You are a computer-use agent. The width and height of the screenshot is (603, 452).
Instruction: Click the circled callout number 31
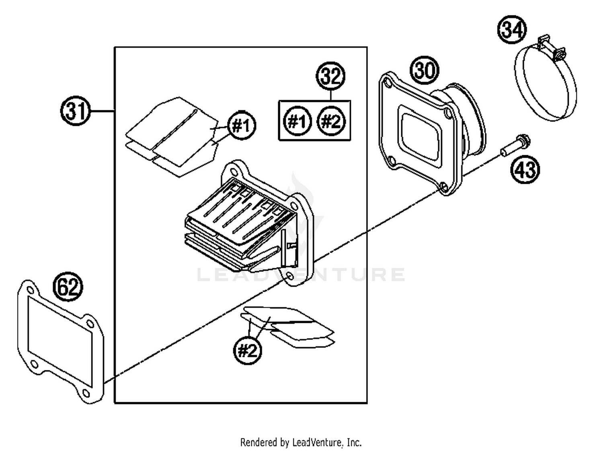coord(76,111)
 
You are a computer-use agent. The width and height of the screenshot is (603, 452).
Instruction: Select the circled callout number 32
coord(331,76)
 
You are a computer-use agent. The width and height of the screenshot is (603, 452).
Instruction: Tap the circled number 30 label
coord(425,70)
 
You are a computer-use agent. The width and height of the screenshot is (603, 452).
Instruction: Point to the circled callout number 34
coord(512,30)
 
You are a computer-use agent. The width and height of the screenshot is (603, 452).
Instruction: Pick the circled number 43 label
coord(525,169)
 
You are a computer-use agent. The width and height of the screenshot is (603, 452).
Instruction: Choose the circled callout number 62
coord(68,287)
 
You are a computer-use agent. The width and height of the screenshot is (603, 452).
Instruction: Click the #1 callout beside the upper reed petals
coord(242,126)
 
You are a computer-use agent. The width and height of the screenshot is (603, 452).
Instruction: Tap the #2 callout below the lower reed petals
coord(247,350)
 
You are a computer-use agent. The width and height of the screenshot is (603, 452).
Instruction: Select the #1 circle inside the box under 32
coord(297,121)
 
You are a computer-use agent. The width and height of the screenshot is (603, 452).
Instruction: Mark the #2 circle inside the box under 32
coord(331,121)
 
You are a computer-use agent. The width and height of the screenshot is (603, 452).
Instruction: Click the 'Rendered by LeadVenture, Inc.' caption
coord(301,442)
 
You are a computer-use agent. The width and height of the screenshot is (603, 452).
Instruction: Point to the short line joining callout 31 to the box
coord(103,111)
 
